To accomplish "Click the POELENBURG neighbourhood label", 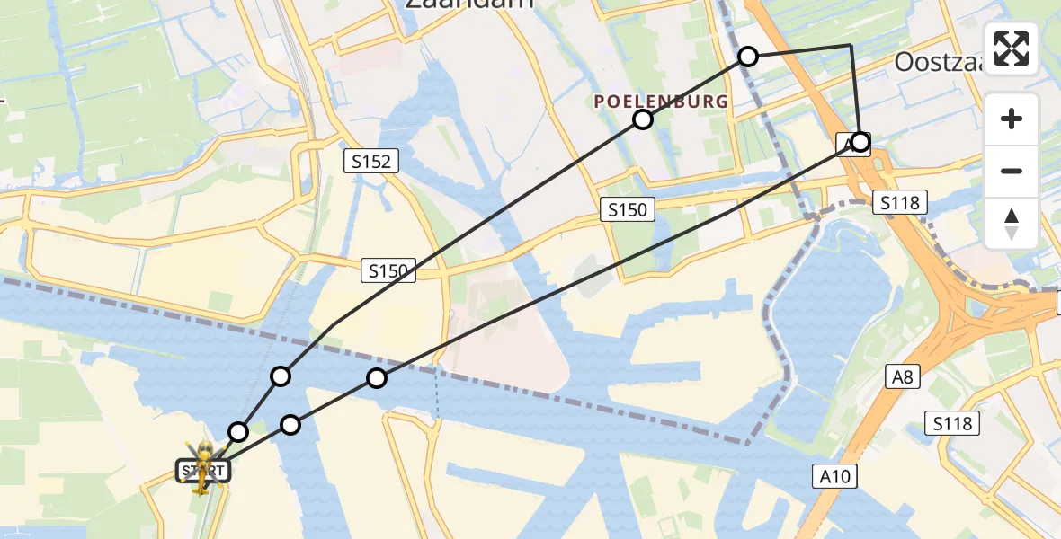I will [661, 102].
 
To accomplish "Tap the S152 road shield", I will [370, 162].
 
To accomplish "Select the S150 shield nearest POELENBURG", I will [628, 210].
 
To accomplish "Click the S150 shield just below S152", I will [388, 269].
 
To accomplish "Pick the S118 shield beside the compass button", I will [899, 203].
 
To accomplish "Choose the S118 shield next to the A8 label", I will [953, 423].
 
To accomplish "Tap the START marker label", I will [203, 470].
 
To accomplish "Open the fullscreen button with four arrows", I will [1012, 49].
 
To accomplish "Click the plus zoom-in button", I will [1012, 119].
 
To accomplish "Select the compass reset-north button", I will [1012, 223].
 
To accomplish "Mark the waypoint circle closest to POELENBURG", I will [642, 119].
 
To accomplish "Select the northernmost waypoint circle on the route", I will [748, 57].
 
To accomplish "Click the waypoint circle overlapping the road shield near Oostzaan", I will [860, 142].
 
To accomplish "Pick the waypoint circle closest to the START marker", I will [237, 432].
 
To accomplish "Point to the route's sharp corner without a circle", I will [851, 45].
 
